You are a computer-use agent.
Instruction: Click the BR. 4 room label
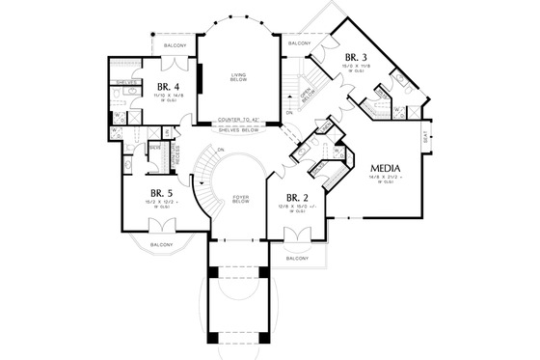click(x=166, y=85)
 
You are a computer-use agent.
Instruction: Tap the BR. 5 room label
click(x=163, y=193)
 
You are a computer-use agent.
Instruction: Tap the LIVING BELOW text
click(x=239, y=78)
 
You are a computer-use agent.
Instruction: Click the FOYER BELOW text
click(x=241, y=200)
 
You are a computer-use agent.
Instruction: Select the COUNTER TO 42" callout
click(x=240, y=120)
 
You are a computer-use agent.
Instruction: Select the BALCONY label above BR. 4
click(x=172, y=43)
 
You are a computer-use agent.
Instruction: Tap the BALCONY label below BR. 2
click(x=296, y=259)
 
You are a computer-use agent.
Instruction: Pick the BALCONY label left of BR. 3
click(x=298, y=43)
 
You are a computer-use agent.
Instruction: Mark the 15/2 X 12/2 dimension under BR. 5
click(x=163, y=204)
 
